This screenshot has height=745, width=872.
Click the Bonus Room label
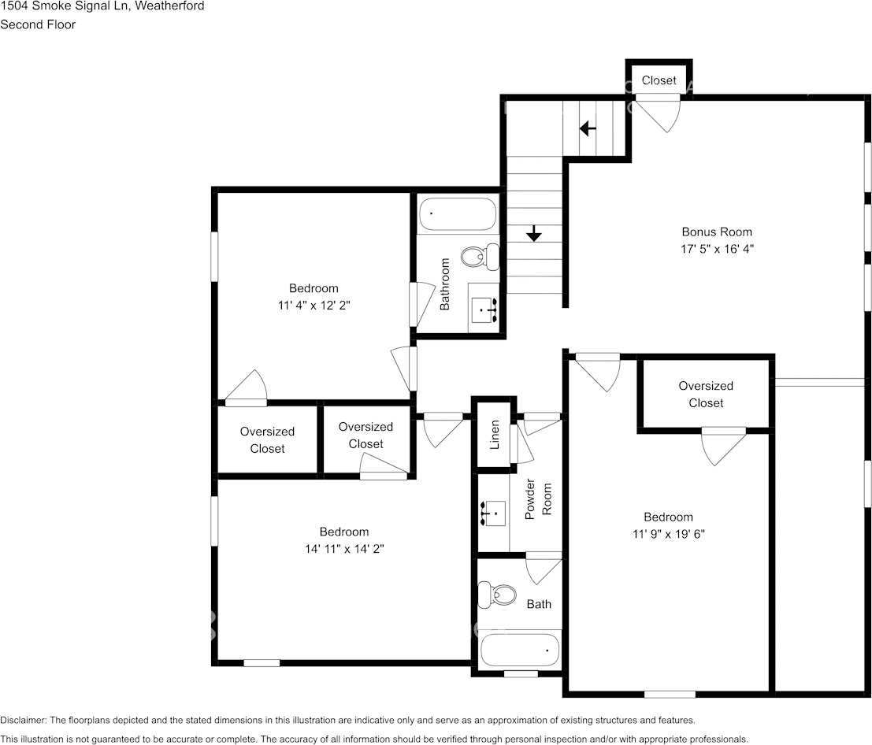(716, 232)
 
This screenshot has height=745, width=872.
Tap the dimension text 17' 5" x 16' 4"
(717, 249)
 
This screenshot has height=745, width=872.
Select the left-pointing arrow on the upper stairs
(588, 128)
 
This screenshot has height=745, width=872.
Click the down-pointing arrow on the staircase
(534, 234)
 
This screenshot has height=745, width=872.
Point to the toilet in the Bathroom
(480, 257)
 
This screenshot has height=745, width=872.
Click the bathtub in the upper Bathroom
(458, 213)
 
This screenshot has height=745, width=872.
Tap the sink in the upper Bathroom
(484, 309)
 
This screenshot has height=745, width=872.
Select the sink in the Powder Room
(493, 513)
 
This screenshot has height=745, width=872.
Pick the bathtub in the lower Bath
(519, 650)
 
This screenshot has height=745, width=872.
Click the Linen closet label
(495, 434)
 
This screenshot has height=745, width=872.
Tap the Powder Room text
(538, 499)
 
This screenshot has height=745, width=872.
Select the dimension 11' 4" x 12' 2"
(314, 306)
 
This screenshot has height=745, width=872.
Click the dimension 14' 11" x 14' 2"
(344, 549)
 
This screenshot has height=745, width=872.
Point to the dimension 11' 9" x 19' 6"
(669, 534)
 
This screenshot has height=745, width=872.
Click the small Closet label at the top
(659, 80)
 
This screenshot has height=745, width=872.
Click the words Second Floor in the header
(38, 24)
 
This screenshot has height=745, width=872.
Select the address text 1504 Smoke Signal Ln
(65, 6)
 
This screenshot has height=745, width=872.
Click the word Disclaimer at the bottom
(23, 720)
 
